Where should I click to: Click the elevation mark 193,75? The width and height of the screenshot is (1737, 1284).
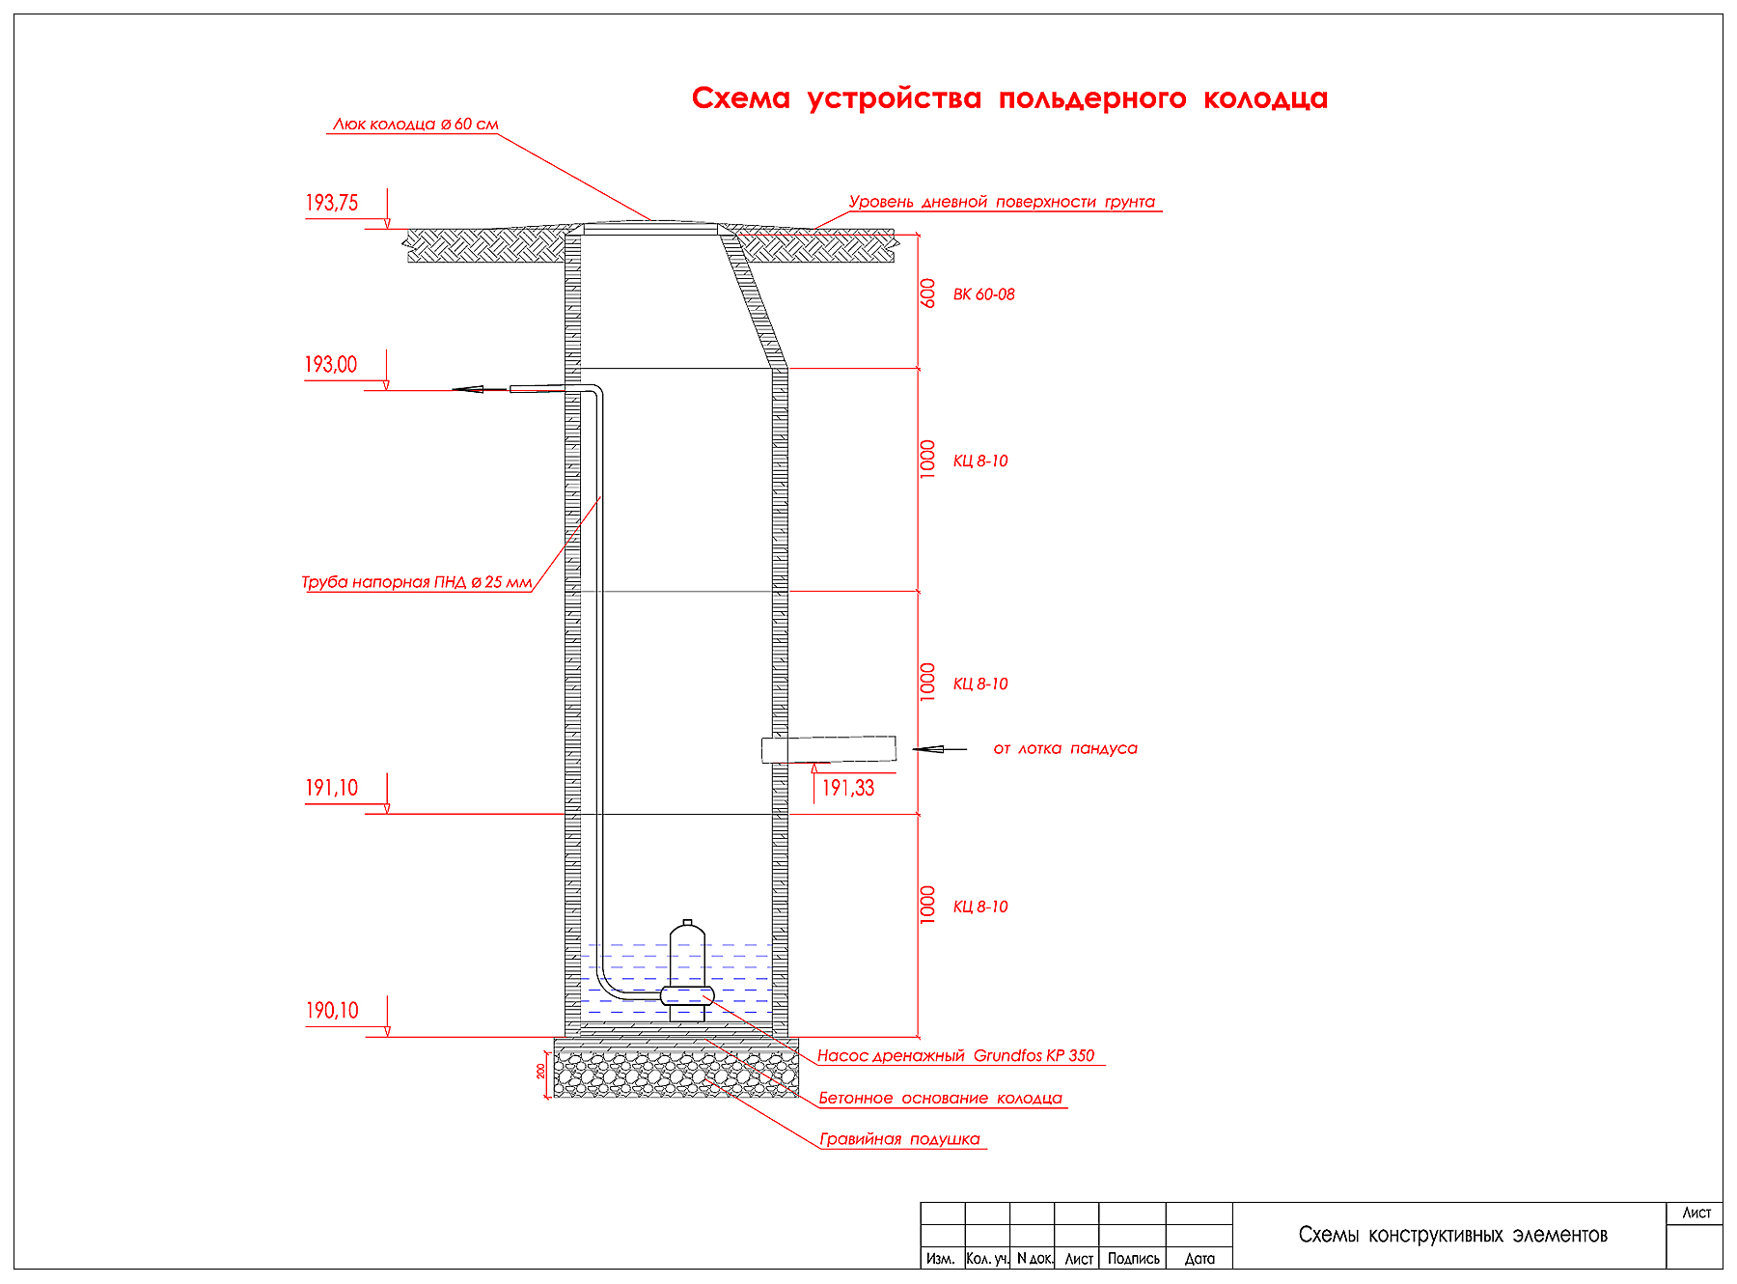(x=331, y=203)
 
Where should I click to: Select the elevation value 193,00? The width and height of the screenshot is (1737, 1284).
(x=330, y=365)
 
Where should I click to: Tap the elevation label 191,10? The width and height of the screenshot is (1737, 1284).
(x=331, y=788)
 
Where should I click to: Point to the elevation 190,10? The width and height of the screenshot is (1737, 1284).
(x=331, y=1011)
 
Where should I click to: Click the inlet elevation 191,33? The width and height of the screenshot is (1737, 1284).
(x=847, y=789)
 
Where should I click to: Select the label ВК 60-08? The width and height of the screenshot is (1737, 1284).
(x=983, y=294)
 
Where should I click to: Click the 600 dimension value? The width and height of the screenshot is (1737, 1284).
(x=928, y=293)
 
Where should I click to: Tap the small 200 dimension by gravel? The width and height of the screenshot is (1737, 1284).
(x=541, y=1071)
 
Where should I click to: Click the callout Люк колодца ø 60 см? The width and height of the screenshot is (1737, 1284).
(x=415, y=125)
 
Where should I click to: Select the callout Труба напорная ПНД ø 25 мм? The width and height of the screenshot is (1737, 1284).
(x=416, y=582)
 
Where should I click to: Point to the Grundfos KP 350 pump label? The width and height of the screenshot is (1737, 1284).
(x=955, y=1055)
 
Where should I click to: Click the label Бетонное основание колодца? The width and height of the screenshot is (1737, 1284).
(x=940, y=1098)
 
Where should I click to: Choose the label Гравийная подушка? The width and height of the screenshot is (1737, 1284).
(x=899, y=1139)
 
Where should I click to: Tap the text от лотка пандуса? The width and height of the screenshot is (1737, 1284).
(x=1065, y=748)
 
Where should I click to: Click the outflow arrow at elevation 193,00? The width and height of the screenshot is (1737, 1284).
(x=470, y=389)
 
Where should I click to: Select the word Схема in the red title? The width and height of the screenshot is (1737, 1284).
(x=740, y=98)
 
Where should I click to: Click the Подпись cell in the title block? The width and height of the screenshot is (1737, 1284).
(x=1133, y=1259)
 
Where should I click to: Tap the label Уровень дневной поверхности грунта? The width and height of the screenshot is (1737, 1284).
(x=1002, y=202)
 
